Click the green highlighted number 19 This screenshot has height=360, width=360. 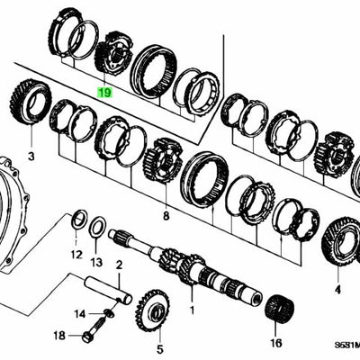tap(104, 92)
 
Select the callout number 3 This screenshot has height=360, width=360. tap(31, 157)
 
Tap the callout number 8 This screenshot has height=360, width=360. tap(165, 216)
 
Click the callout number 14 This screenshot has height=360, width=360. tap(80, 313)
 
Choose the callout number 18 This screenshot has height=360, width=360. tap(58, 336)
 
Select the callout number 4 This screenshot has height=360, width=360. tap(337, 265)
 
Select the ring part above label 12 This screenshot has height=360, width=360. tap(78, 217)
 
